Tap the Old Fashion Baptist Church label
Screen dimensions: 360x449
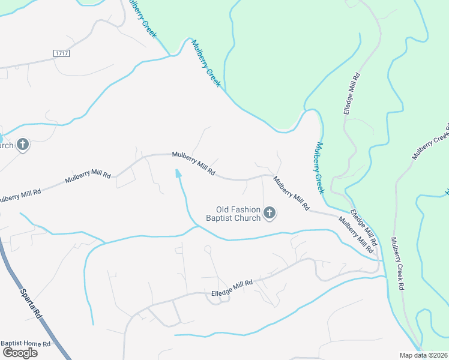coord(234,214)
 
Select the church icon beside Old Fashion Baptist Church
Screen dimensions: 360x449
coord(270,212)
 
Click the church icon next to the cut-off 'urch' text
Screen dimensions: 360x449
coord(23,145)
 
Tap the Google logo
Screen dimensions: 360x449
coord(19,352)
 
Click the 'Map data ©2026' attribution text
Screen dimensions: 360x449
coord(423,355)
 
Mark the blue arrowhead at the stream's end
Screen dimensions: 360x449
coord(178,173)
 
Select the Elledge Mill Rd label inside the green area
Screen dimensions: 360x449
coord(351,95)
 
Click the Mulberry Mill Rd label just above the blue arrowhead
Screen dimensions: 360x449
coord(193,163)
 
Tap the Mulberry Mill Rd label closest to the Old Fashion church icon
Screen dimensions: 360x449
coord(291,193)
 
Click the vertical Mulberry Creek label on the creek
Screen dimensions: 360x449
coord(319,167)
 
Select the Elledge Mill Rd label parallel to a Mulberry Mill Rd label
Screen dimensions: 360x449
coord(363,229)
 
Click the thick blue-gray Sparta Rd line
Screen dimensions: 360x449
coord(18,282)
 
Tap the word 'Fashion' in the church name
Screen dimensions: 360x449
coord(246,209)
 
